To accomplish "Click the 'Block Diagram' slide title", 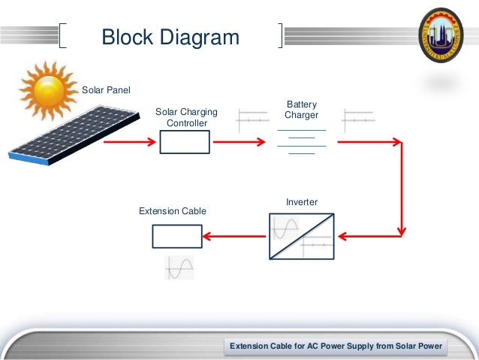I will coord(170,37).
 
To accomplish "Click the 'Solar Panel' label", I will coord(106,91).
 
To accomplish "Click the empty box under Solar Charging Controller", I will coord(185,142).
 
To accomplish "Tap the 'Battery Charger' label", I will coord(302,110).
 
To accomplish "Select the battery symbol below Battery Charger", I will coord(302,141).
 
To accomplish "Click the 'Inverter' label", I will coord(302,202).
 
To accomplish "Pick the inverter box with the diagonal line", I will coord(302,236).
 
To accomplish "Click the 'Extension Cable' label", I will coord(173,211).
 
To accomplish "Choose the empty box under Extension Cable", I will coord(177,236).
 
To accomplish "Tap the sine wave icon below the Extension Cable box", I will coord(179,268).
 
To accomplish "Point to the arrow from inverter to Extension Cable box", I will coord(233,236).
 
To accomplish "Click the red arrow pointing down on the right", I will coord(402,188).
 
